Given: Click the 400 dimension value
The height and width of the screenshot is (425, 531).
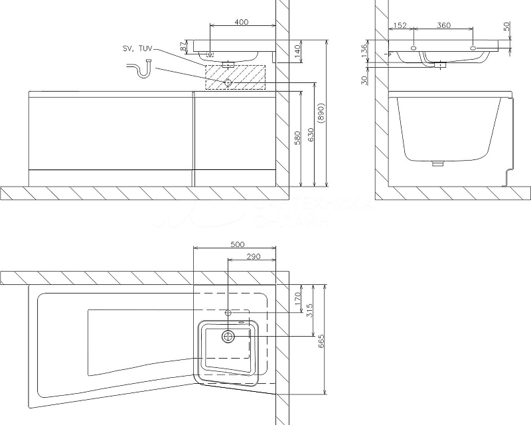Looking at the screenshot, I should pyautogui.click(x=242, y=22).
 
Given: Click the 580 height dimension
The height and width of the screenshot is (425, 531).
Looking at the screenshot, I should pyautogui.click(x=298, y=137).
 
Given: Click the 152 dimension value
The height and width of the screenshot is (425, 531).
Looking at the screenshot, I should pyautogui.click(x=400, y=25).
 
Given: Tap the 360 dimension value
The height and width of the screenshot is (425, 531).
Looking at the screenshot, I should pyautogui.click(x=443, y=25).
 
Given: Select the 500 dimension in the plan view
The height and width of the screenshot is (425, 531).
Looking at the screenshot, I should pyautogui.click(x=236, y=244).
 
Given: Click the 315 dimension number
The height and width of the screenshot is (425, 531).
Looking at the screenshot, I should pyautogui.click(x=309, y=309).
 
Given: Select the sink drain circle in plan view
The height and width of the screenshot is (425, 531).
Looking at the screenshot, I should pyautogui.click(x=228, y=336).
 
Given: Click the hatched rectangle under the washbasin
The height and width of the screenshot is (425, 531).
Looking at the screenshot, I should pyautogui.click(x=236, y=77).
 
